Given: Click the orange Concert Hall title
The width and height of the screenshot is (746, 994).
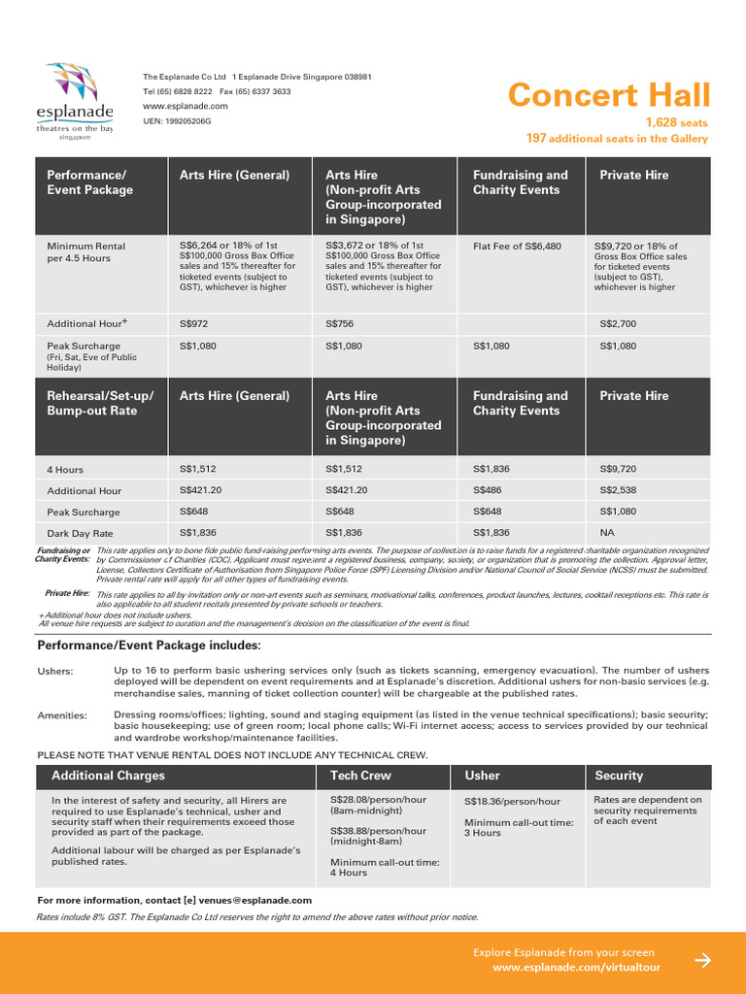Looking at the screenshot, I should pos(609,95).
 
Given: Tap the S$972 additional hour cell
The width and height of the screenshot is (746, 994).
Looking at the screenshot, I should pos(194,323).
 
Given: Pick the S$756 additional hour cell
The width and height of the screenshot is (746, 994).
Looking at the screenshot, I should pos(340,323).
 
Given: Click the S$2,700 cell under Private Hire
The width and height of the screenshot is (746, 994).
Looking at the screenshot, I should pos(618,323).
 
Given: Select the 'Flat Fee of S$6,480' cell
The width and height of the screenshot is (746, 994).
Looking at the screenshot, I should pos(517,247).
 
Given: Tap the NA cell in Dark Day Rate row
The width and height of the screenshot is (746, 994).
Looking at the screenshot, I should pos(608,532).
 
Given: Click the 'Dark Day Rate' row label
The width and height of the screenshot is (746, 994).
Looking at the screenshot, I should pos(81,533).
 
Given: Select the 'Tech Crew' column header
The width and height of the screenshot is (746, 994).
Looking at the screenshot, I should pos(360,776).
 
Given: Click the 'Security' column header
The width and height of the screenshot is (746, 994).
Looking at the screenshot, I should pos(619,776).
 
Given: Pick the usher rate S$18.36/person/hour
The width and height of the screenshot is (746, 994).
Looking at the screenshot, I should pos(512,802).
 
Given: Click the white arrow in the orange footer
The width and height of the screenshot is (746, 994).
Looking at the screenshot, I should pos(703,960).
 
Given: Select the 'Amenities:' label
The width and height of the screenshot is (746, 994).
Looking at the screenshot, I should pos(62,715).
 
